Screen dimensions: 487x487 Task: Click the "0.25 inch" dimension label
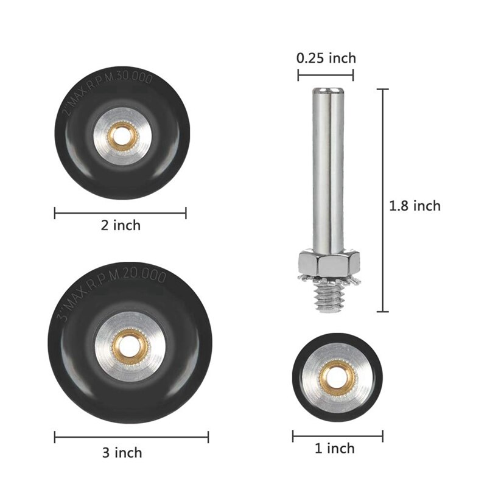tap(326, 58)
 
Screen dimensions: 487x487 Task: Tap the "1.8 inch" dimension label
tap(415, 206)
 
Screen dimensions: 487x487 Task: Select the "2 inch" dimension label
tap(121, 225)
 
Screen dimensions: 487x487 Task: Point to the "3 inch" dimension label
tap(122, 452)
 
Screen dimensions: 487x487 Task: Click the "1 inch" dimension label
tap(334, 449)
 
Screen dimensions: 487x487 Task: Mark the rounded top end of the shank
tap(326, 92)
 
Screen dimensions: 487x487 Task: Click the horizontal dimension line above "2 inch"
tap(121, 212)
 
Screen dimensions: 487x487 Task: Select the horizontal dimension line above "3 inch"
tap(131, 437)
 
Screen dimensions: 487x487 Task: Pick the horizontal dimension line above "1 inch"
tap(337, 436)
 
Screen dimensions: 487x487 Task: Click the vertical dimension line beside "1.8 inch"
tap(383, 200)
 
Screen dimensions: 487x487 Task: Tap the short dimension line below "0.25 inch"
tap(326, 75)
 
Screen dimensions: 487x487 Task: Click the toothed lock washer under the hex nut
tap(328, 278)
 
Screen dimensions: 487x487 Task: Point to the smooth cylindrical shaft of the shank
tap(326, 170)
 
